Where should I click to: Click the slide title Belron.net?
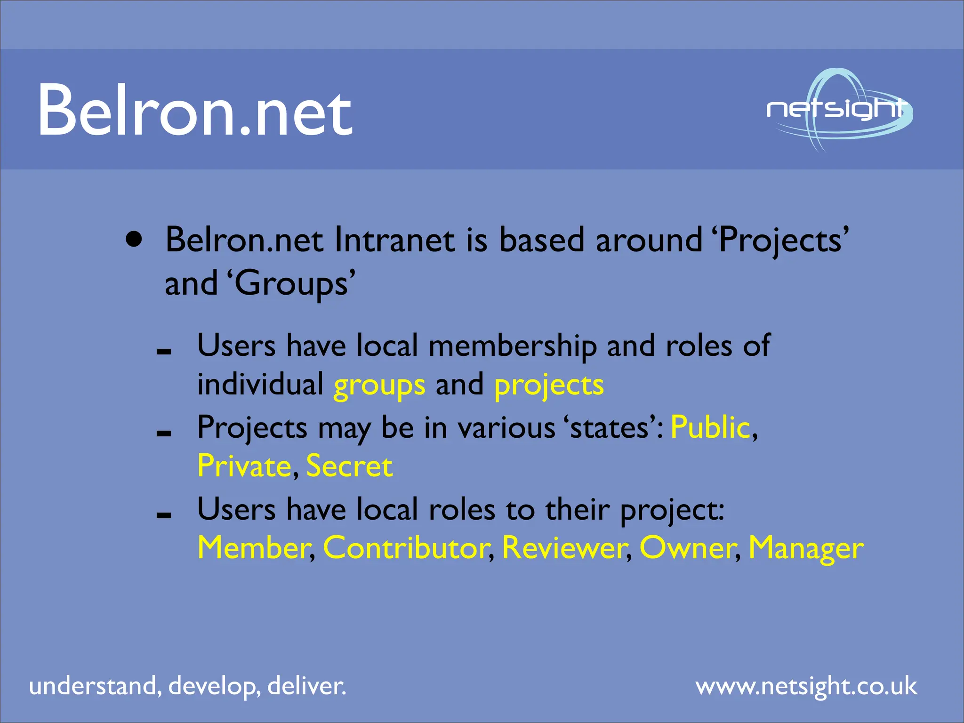pyautogui.click(x=195, y=111)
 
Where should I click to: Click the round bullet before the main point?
pyautogui.click(x=134, y=240)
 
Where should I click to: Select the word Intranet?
pyautogui.click(x=394, y=241)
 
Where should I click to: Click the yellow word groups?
pyautogui.click(x=379, y=386)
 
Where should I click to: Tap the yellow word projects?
pyautogui.click(x=548, y=386)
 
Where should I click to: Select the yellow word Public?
pyautogui.click(x=710, y=428)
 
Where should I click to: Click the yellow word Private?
pyautogui.click(x=244, y=466)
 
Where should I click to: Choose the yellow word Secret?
pyautogui.click(x=349, y=466)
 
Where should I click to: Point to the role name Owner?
pyautogui.click(x=687, y=548)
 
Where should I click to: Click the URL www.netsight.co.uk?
pyautogui.click(x=806, y=686)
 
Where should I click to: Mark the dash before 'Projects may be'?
pyautogui.click(x=164, y=434)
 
